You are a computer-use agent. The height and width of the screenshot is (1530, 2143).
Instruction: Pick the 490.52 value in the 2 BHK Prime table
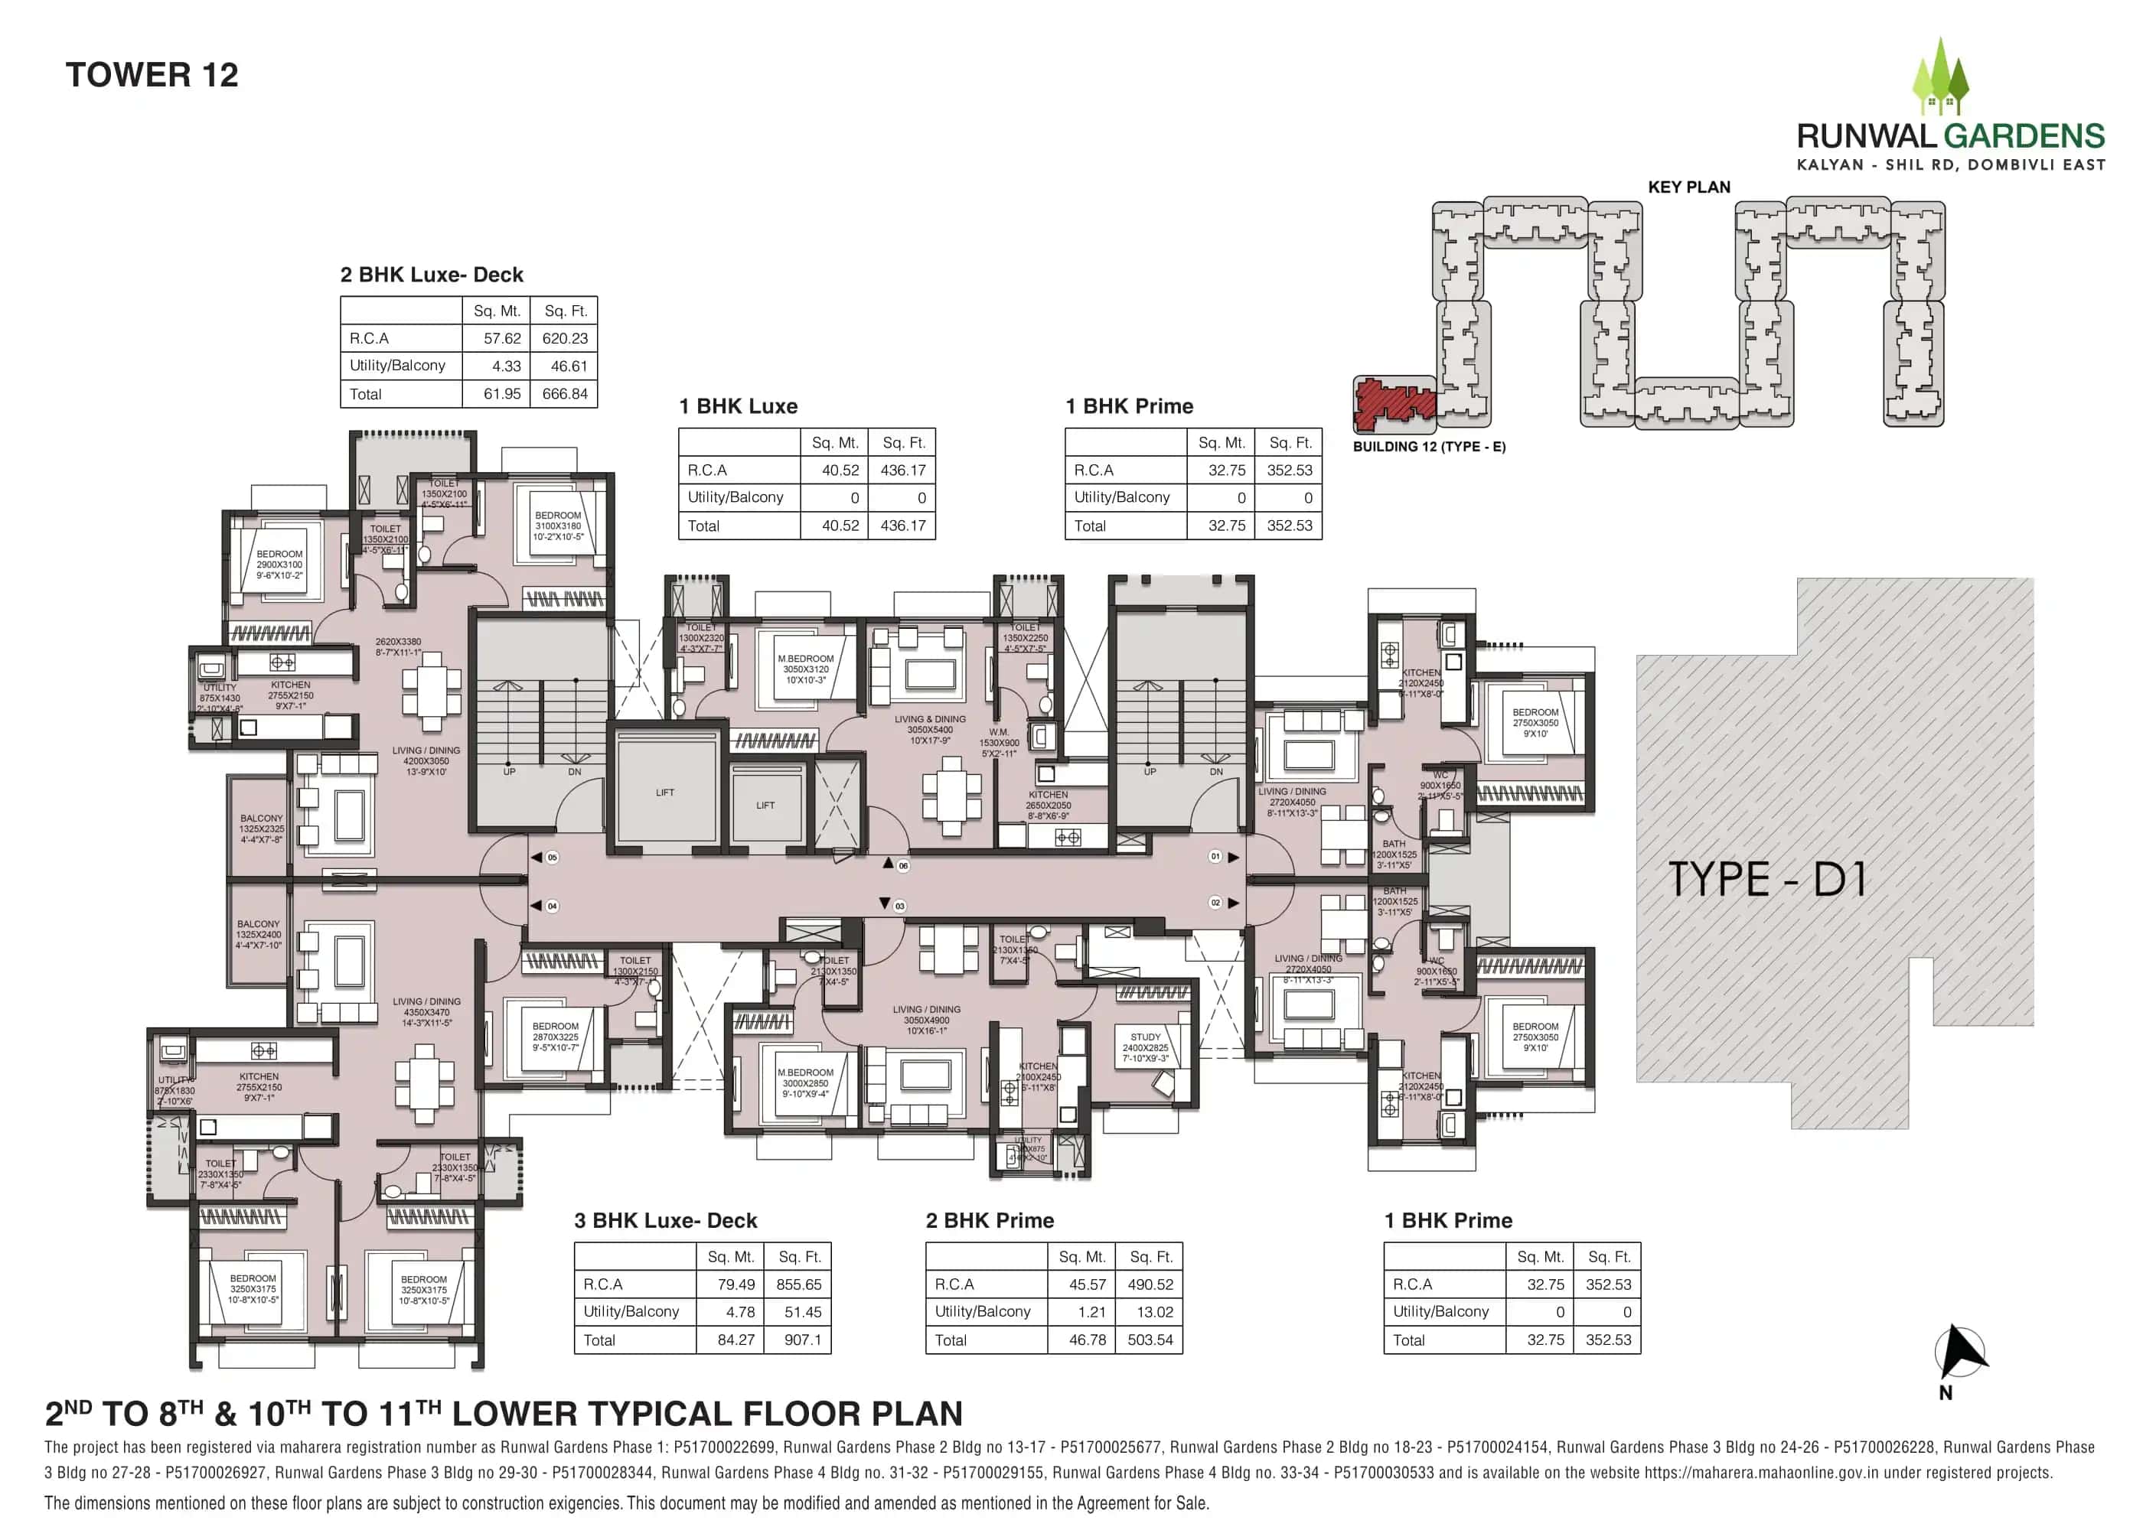click(x=1150, y=1284)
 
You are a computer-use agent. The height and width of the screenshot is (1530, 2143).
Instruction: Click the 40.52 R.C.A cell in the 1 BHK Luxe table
click(x=840, y=470)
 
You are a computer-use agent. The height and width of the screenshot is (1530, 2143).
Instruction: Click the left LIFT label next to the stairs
click(x=664, y=793)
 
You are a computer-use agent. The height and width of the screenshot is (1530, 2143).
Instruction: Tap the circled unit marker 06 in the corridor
click(x=903, y=866)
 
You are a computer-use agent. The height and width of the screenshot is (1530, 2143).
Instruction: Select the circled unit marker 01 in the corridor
click(x=1215, y=856)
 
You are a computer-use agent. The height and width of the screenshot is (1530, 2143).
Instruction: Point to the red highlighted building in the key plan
click(x=1393, y=402)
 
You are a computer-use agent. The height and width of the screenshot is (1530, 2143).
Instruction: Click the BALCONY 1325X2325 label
click(x=261, y=828)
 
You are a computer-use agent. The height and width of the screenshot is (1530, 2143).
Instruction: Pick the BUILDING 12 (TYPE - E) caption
click(x=1429, y=447)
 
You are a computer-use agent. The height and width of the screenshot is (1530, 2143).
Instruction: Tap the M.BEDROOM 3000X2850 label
click(x=805, y=1082)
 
